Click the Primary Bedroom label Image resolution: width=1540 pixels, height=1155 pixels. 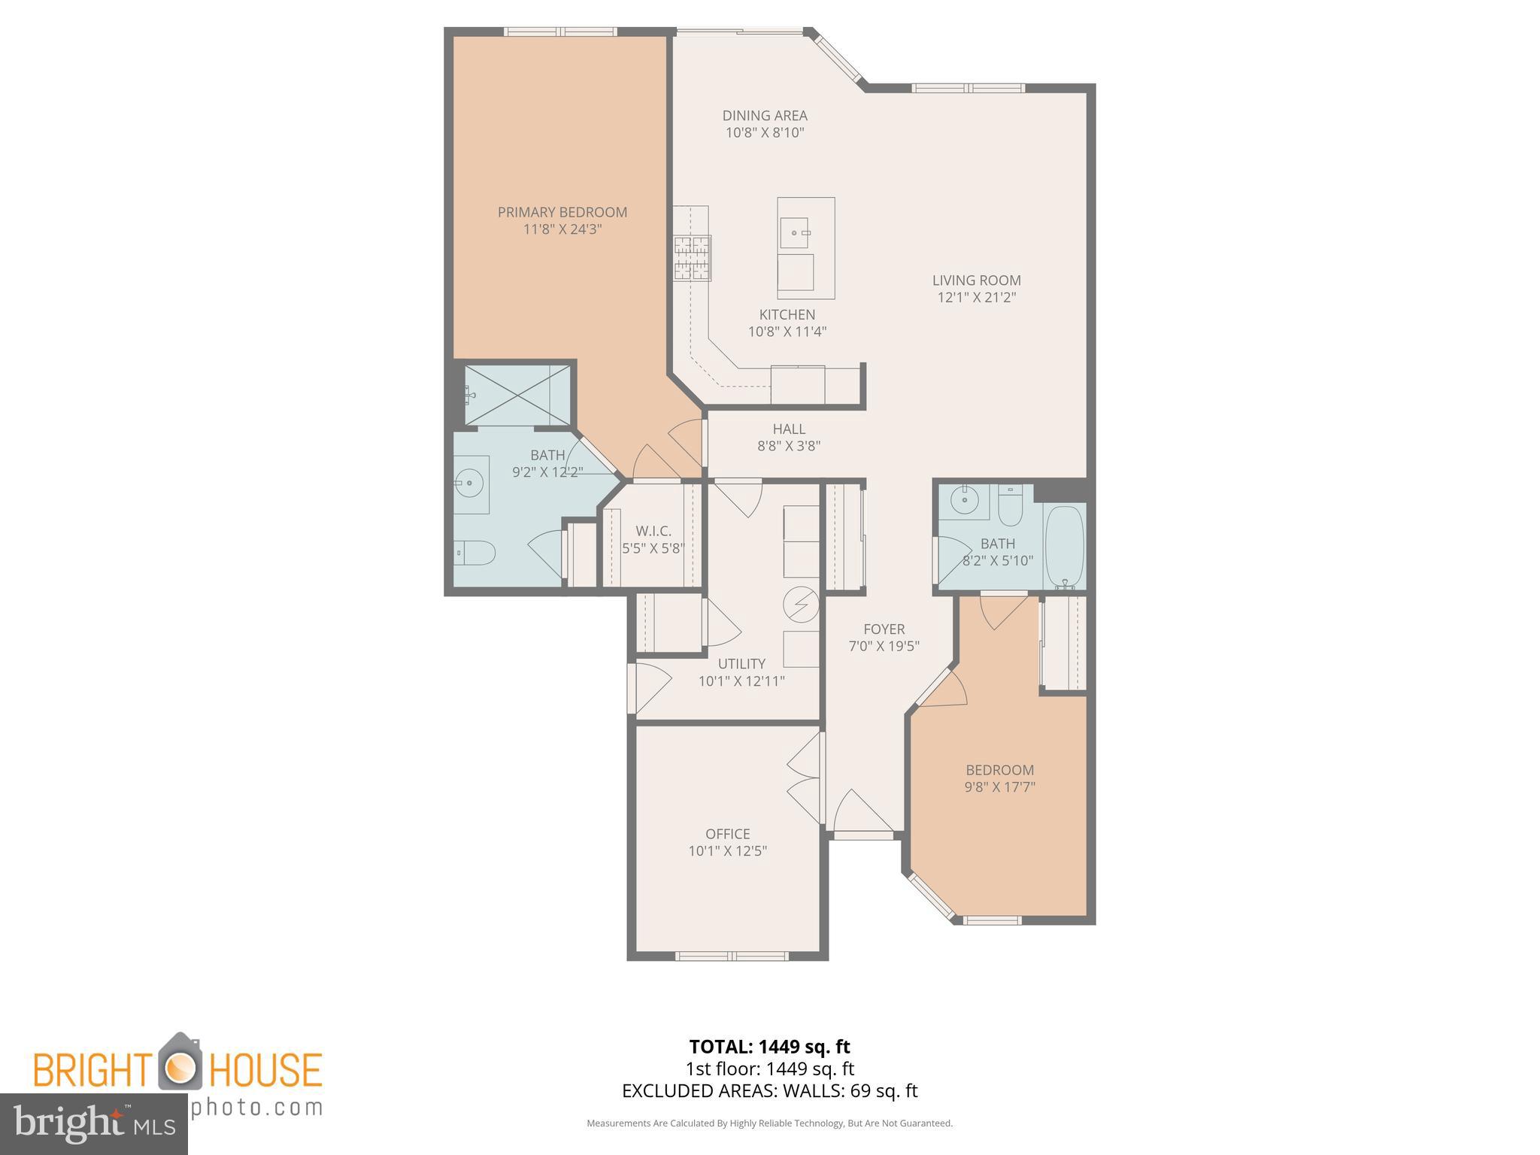point(562,213)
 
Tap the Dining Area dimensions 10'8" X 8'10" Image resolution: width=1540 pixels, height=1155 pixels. point(765,133)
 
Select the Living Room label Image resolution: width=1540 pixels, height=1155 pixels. point(976,280)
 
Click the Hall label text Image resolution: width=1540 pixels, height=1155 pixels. point(789,429)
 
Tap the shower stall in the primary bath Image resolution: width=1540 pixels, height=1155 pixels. point(517,395)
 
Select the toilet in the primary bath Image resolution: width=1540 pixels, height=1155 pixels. point(474,553)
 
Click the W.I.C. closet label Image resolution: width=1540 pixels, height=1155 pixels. point(653,531)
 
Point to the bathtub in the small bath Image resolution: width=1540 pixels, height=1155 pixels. point(1064,547)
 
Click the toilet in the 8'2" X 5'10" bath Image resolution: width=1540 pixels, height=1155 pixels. point(1010,507)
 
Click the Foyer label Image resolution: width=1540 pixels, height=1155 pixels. point(884,629)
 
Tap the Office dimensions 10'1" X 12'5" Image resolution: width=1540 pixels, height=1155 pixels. point(727,851)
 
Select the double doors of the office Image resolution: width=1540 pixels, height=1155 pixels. point(805,778)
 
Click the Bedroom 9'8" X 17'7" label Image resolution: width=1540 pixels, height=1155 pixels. point(999,770)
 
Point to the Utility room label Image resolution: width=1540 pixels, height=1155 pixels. point(741,663)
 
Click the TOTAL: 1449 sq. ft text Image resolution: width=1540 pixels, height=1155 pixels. point(769,1046)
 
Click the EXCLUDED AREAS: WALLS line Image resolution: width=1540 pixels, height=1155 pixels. point(769,1090)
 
